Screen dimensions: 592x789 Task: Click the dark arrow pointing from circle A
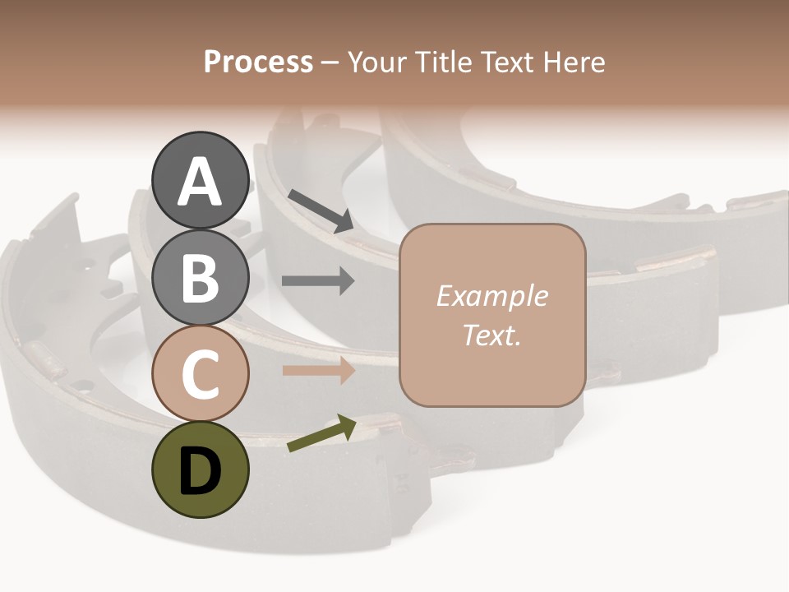coord(321,210)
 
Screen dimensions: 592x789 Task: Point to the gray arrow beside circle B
coord(318,281)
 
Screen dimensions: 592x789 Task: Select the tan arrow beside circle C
coord(318,371)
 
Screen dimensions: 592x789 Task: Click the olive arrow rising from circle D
coord(321,433)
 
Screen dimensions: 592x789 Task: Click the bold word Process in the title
coord(258,62)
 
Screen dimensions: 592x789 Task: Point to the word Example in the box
coord(491,296)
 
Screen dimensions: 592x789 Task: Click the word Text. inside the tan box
coord(491,335)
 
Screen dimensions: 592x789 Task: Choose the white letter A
coord(201,182)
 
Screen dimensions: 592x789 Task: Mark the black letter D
coord(201,471)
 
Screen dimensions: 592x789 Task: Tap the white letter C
coord(201,374)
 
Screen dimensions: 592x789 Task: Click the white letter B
coord(201,278)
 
